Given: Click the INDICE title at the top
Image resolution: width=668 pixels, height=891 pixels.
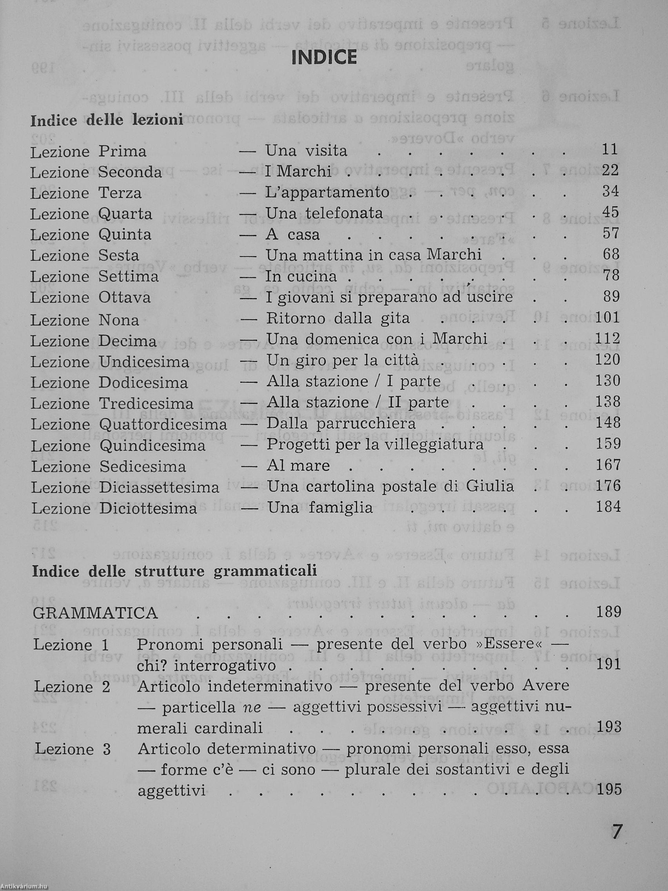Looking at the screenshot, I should point(324,57).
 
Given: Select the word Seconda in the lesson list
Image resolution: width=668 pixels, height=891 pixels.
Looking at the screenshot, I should point(130,172).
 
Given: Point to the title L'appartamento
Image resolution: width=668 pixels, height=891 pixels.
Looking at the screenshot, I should point(327,193).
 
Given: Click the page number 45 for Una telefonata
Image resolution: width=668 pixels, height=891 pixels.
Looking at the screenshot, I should point(610,212).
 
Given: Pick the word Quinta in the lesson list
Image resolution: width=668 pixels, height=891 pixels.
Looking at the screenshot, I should point(125,235).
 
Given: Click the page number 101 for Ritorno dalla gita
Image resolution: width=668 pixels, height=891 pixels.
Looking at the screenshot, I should point(608,318).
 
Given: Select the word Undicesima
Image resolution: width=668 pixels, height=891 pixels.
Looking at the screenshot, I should point(144,362).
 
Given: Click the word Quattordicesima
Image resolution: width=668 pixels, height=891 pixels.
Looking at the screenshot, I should point(163,425).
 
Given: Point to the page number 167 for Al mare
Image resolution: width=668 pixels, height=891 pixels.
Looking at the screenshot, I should point(608,465).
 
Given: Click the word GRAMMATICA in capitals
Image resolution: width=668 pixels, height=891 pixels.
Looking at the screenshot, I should point(95,613).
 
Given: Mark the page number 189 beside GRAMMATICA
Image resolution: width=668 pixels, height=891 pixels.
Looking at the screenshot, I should point(608,612).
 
